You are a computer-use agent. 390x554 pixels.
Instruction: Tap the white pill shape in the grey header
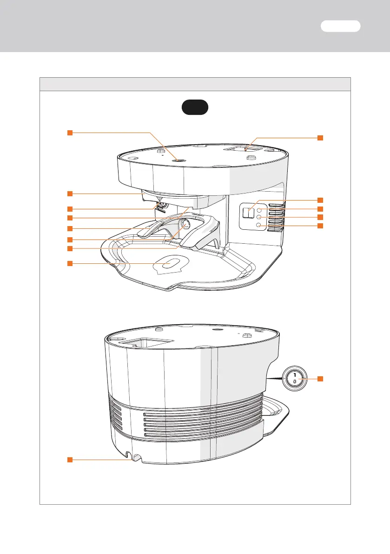340,26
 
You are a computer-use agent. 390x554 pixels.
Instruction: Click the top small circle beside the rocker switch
258,210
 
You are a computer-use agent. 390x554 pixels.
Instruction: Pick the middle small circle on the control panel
258,217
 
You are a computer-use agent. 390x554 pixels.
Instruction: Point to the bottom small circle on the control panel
258,226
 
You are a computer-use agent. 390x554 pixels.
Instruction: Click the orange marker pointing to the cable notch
69,460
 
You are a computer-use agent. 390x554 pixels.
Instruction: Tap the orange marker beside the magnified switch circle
320,379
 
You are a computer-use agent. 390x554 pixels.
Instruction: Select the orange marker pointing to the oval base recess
69,264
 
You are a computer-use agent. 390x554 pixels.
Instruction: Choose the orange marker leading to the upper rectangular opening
320,138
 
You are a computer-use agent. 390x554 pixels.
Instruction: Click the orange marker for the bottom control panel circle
320,226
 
